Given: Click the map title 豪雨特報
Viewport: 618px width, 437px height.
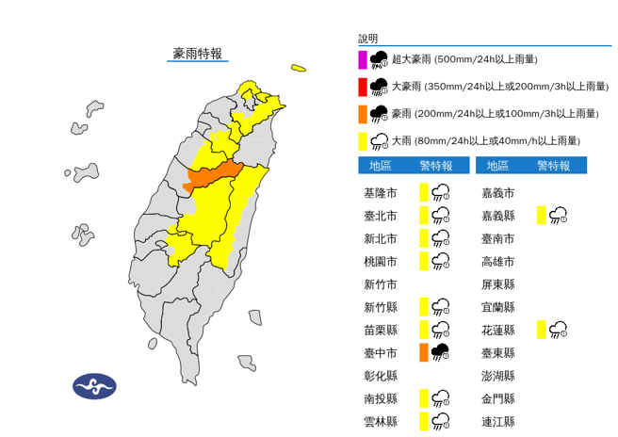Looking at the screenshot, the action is pyautogui.click(x=198, y=54).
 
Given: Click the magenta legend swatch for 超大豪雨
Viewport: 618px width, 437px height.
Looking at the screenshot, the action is pyautogui.click(x=362, y=59).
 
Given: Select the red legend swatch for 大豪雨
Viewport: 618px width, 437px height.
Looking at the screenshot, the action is pyautogui.click(x=362, y=87).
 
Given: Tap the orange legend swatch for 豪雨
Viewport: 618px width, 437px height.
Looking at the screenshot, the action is pyautogui.click(x=362, y=113).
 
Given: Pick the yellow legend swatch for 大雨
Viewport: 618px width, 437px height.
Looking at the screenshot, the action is pyautogui.click(x=362, y=140).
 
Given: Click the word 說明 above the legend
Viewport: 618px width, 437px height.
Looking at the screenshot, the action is pyautogui.click(x=367, y=39).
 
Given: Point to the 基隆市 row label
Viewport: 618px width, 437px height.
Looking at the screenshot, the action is pyautogui.click(x=381, y=193).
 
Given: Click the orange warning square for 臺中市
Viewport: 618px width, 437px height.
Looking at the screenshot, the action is pyautogui.click(x=424, y=352).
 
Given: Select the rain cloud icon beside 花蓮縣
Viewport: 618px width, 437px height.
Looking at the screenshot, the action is pyautogui.click(x=559, y=329).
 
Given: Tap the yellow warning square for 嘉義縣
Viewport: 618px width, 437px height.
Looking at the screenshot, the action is pyautogui.click(x=541, y=216).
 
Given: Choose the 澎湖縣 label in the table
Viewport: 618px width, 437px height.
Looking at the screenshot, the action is pyautogui.click(x=496, y=376).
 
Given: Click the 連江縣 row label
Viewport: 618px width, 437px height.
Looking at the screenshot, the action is pyautogui.click(x=496, y=421).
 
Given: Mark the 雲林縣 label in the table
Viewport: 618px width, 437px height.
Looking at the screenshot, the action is pyautogui.click(x=381, y=421).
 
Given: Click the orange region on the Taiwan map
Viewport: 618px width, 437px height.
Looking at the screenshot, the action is pyautogui.click(x=213, y=176).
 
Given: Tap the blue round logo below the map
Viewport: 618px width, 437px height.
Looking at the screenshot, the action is pyautogui.click(x=94, y=385).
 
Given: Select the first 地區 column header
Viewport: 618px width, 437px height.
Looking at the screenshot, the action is pyautogui.click(x=381, y=166).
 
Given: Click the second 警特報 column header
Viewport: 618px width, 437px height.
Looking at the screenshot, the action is pyautogui.click(x=553, y=166).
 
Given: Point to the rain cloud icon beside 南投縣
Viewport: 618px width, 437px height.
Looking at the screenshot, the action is pyautogui.click(x=441, y=398).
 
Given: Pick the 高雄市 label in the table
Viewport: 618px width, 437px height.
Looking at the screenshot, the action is pyautogui.click(x=496, y=261).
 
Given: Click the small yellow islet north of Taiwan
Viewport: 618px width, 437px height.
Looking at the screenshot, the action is pyautogui.click(x=299, y=68).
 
